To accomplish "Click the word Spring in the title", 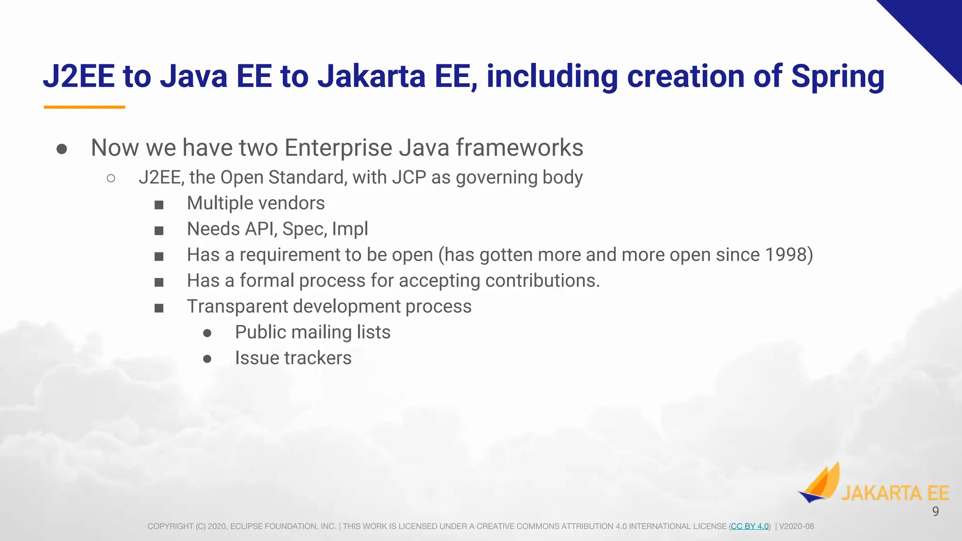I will [838, 77].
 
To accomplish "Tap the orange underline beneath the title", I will [85, 107].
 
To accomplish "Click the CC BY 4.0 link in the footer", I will [750, 526].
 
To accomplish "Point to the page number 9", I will [935, 511].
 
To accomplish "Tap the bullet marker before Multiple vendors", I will [159, 205].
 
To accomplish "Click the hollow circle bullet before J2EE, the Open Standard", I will [111, 178].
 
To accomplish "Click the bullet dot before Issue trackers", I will [207, 359].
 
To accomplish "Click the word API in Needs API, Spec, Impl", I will [261, 229].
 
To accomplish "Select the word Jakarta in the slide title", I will [372, 77].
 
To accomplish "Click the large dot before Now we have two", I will [62, 149].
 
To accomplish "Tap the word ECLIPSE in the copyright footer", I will [246, 526].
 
